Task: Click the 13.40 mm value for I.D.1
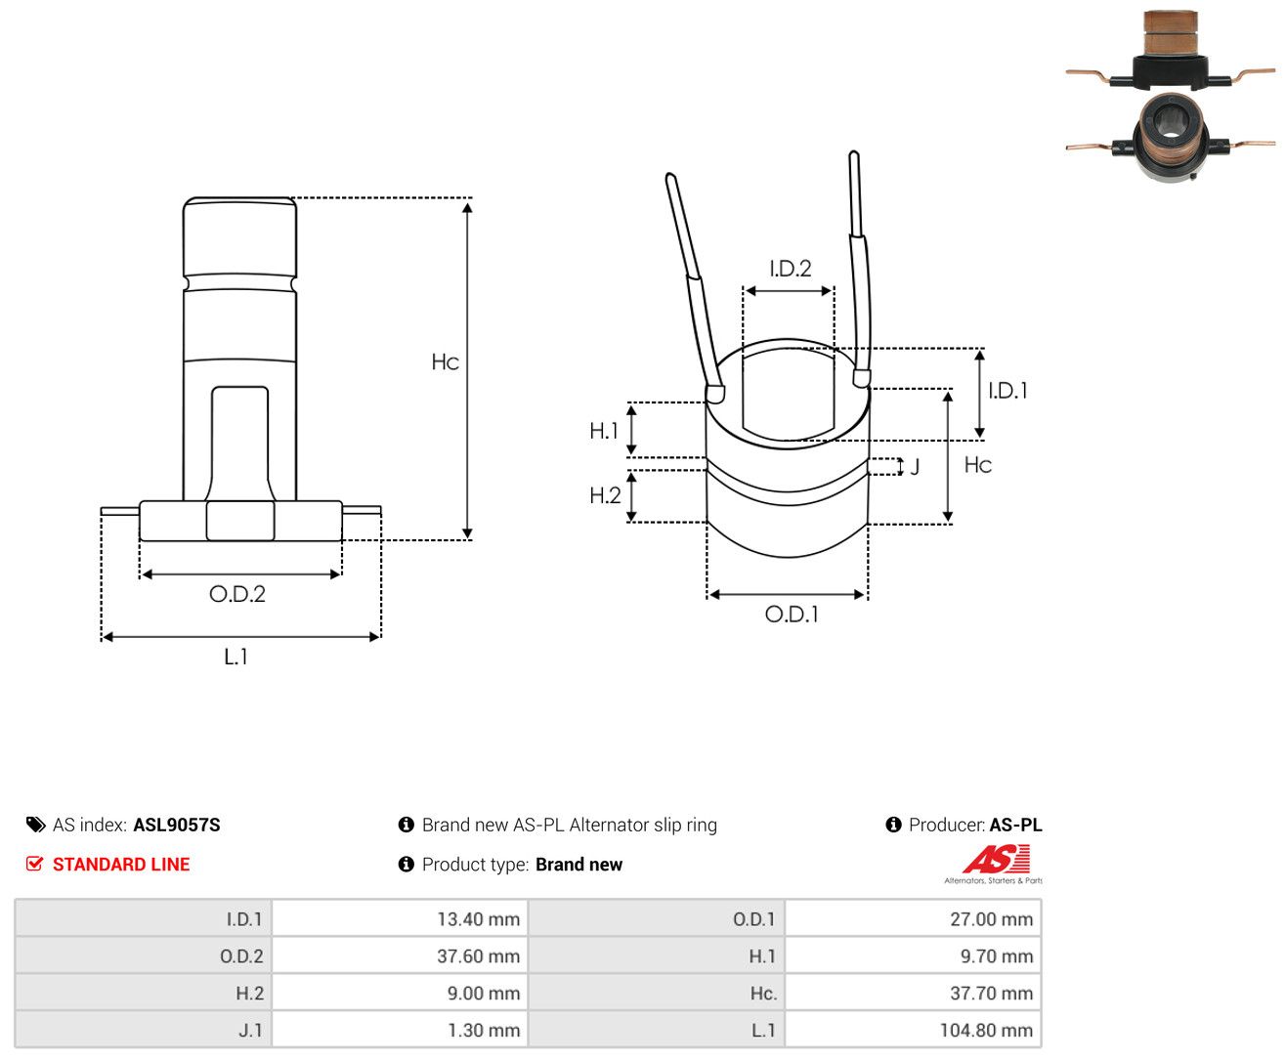[x=478, y=918]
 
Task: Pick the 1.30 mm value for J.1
[x=484, y=1030]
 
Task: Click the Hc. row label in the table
[x=763, y=993]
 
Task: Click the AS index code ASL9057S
[x=177, y=825]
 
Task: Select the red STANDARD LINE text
[x=121, y=864]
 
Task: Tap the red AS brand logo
[x=996, y=859]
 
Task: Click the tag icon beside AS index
[x=36, y=825]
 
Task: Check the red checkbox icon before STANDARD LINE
[x=34, y=864]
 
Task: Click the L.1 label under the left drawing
[x=236, y=657]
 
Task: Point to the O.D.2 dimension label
[x=237, y=594]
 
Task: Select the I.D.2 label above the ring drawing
[x=791, y=268]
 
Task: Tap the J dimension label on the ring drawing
[x=915, y=467]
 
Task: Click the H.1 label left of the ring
[x=604, y=431]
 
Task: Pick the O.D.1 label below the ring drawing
[x=792, y=614]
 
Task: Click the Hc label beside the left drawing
[x=445, y=361]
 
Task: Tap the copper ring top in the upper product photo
[x=1171, y=32]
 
